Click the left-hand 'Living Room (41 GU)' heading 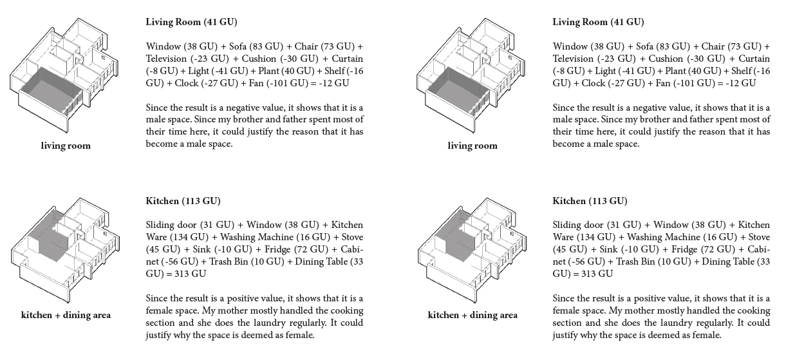pos(191,22)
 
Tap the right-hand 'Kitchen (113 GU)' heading pos(590,201)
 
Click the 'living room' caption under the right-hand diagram pos(473,146)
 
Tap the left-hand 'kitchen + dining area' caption pos(66,315)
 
